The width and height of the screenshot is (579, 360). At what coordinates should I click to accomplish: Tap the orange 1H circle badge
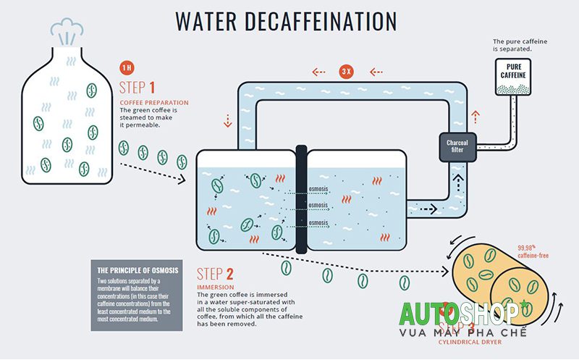127,67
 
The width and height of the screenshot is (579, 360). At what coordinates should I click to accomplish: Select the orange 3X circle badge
345,72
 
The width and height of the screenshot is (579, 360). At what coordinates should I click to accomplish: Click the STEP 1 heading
143,88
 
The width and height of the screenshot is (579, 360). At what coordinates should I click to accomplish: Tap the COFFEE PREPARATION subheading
153,103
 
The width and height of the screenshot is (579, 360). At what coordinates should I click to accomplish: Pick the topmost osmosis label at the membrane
320,191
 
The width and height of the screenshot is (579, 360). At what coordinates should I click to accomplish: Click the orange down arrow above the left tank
228,120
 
